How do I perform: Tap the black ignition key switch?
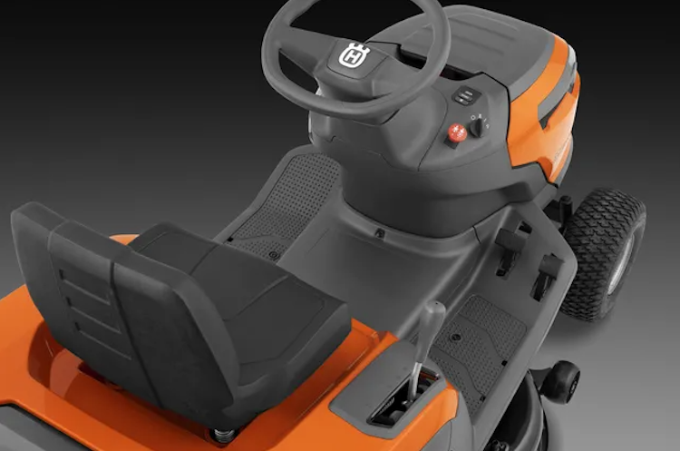pyautogui.click(x=478, y=126)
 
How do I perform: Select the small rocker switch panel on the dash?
pyautogui.click(x=463, y=94)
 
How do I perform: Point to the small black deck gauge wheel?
pyautogui.click(x=560, y=382)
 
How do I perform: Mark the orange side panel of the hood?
pyautogui.click(x=553, y=118)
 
